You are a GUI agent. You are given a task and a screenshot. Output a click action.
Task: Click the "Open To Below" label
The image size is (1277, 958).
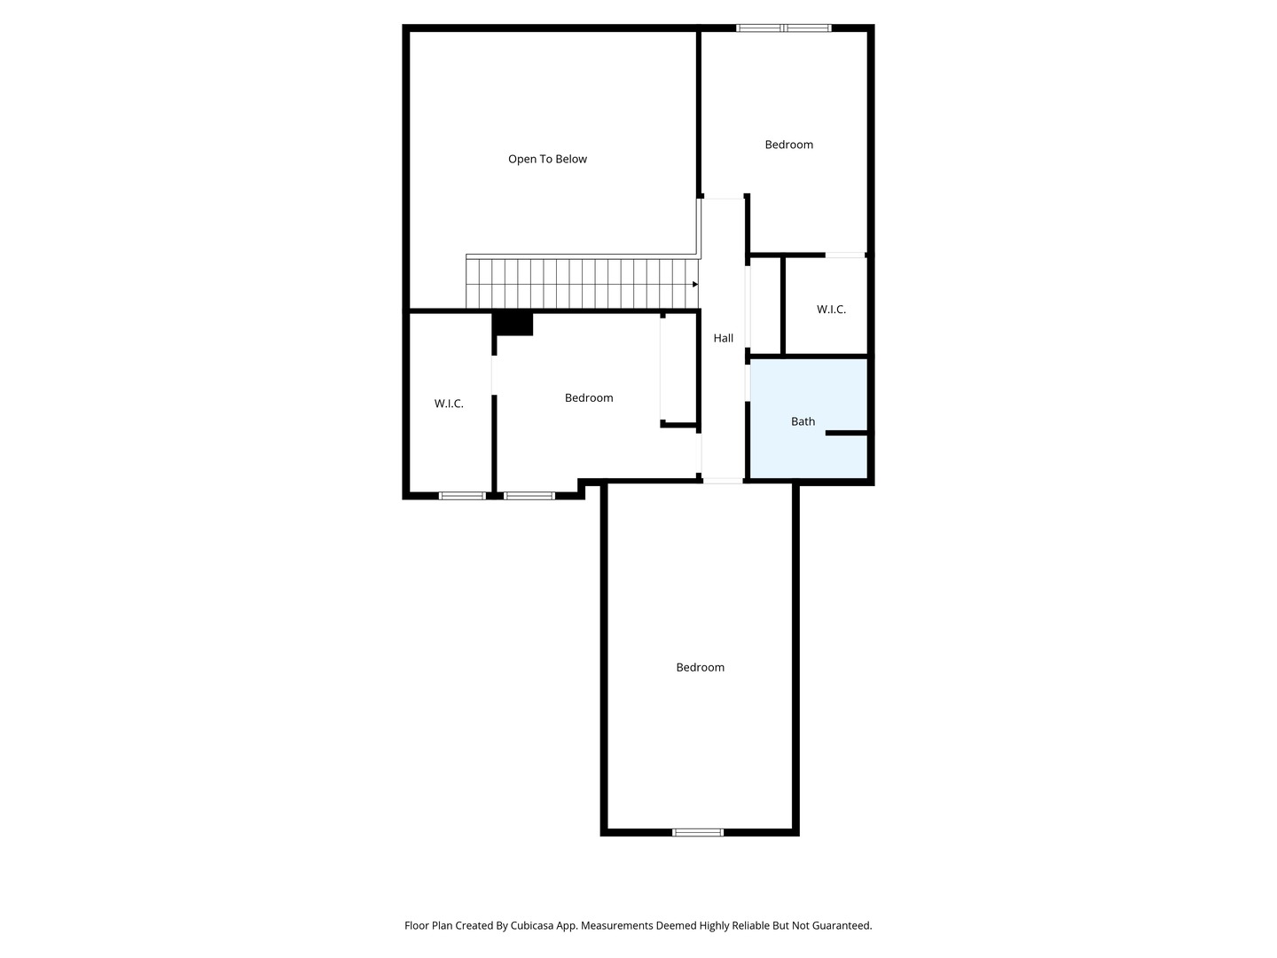(x=547, y=159)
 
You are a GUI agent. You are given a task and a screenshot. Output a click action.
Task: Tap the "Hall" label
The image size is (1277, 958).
(x=723, y=338)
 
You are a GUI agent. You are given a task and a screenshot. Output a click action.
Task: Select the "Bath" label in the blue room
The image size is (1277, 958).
(x=803, y=421)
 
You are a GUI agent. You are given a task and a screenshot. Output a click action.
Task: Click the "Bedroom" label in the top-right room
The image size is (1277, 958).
(x=788, y=145)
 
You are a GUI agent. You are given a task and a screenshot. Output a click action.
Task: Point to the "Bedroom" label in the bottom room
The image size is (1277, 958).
(x=700, y=667)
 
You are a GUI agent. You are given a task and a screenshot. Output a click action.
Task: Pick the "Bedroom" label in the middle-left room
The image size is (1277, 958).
(x=589, y=398)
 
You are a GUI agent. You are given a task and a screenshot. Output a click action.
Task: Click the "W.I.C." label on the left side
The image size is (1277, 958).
(x=449, y=403)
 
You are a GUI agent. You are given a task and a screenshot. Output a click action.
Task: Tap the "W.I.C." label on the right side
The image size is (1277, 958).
(x=831, y=309)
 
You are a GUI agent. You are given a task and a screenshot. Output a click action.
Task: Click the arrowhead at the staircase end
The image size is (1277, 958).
(x=694, y=285)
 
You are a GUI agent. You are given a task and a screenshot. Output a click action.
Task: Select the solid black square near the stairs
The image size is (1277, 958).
(x=513, y=324)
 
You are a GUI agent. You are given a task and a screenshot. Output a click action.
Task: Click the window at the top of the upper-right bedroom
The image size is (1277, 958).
(x=783, y=27)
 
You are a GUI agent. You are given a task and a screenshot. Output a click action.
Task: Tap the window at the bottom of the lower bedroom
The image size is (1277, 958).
(x=698, y=832)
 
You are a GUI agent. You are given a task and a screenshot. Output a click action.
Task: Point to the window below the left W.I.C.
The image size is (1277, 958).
(x=462, y=496)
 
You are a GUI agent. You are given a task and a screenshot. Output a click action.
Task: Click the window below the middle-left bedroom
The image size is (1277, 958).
(x=529, y=496)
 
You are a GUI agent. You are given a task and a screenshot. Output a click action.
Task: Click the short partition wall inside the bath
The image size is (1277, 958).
(x=846, y=433)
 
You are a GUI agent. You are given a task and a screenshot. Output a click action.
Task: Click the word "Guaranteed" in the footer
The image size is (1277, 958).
(x=842, y=925)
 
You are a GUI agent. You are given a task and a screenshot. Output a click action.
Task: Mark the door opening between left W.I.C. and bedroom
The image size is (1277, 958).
(x=494, y=375)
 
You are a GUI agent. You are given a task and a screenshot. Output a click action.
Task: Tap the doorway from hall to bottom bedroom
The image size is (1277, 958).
(x=723, y=481)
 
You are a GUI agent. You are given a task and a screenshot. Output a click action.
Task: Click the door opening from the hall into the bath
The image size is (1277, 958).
(x=748, y=382)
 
